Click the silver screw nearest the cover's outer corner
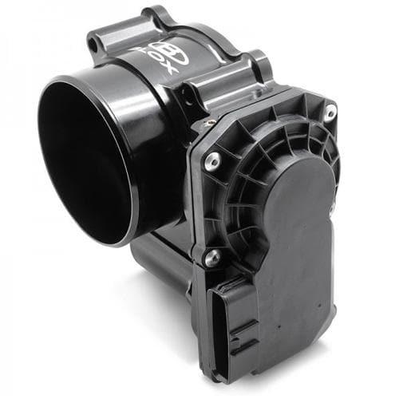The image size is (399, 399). tap(329, 113)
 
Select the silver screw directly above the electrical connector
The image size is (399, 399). tap(212, 257)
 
